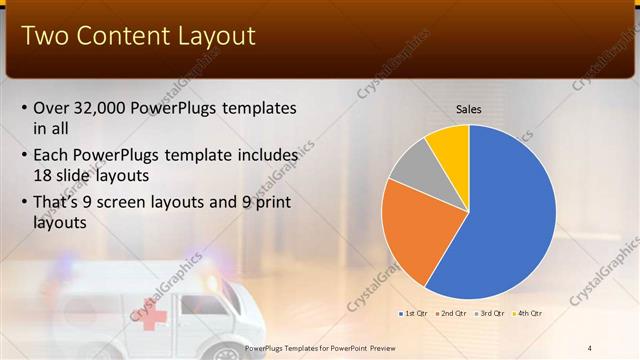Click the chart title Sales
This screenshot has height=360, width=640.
coord(469,108)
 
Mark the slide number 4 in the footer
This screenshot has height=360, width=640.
coord(590,347)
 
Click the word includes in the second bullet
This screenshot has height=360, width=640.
coord(264,156)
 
